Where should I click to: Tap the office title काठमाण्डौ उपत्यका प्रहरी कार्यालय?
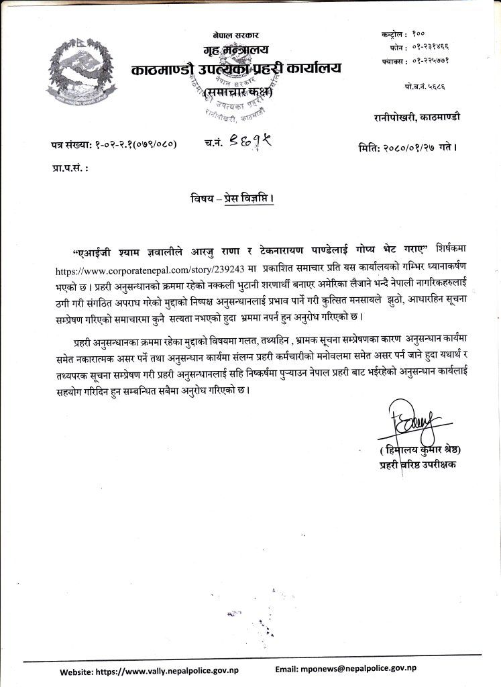tap(236, 69)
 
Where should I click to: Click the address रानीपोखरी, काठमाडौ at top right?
tap(417, 117)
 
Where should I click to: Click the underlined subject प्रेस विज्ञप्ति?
tap(247, 200)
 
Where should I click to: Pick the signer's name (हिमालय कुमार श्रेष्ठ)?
tap(421, 449)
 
